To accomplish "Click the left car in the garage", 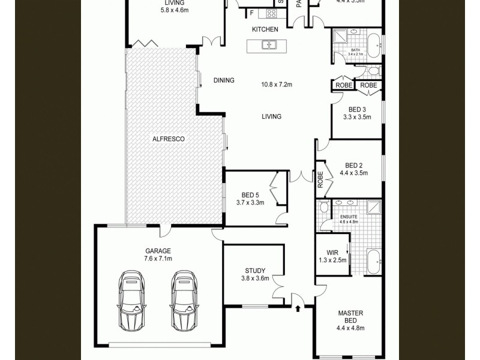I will pos(131,300).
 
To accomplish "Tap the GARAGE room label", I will pos(158,251).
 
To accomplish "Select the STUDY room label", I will pos(255,271).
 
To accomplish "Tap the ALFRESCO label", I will pos(168,139).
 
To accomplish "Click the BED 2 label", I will pos(354,166).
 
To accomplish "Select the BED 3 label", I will pos(357,109).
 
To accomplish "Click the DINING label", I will pos(224,80).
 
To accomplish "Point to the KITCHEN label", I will pos(265,29).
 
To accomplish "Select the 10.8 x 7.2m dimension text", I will pos(276,85).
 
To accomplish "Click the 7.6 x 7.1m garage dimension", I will pos(158,259).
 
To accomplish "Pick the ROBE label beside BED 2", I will pos(320,179).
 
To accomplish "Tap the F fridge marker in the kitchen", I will pos(252,13).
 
